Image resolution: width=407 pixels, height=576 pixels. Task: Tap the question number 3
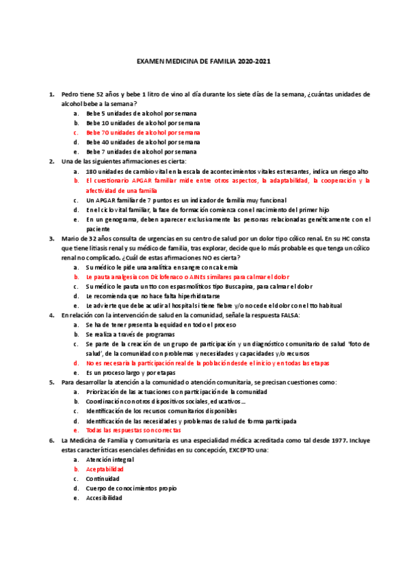(x=52, y=239)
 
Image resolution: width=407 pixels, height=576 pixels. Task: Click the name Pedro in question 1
(x=70, y=93)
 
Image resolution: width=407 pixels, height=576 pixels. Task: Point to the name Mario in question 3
(x=71, y=239)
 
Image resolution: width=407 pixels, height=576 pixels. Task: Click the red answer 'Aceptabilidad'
(x=105, y=469)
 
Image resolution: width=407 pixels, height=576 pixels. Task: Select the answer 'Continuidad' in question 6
(x=104, y=478)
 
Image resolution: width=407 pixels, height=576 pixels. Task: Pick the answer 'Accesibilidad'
(x=104, y=498)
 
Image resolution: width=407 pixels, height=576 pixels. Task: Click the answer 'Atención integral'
(x=109, y=459)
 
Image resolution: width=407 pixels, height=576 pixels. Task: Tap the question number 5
(x=52, y=382)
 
